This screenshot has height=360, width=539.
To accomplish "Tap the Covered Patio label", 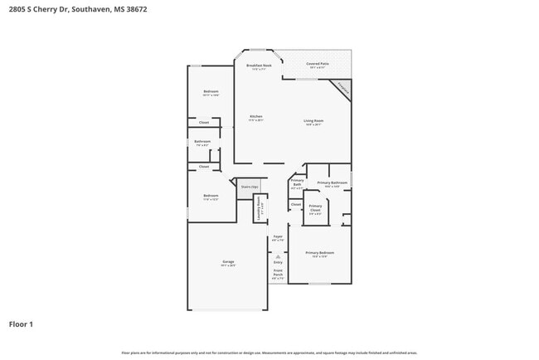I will click(x=317, y=64).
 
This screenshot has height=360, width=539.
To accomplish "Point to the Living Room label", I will click(x=313, y=121).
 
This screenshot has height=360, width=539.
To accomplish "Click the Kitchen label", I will click(x=256, y=117).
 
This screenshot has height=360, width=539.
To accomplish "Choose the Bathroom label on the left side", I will click(x=203, y=142).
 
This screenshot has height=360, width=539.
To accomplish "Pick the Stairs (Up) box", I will click(x=250, y=187).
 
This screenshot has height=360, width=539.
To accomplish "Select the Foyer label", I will click(x=278, y=236).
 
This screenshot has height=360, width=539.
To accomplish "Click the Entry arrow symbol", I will click(x=278, y=256).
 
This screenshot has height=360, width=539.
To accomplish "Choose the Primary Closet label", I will click(x=315, y=208).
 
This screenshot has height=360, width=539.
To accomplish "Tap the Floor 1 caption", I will click(x=21, y=324).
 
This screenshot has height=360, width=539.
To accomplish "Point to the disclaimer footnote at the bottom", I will click(x=269, y=353).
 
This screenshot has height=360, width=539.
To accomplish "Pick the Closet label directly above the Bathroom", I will click(x=203, y=123).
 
